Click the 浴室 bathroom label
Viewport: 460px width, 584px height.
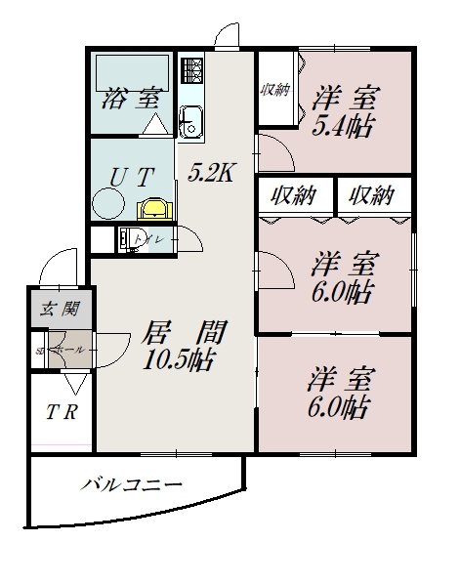(129, 99)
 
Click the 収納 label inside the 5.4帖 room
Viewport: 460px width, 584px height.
(274, 91)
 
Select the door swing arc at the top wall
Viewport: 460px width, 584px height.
(228, 34)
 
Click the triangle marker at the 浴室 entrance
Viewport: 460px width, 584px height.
(154, 125)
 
